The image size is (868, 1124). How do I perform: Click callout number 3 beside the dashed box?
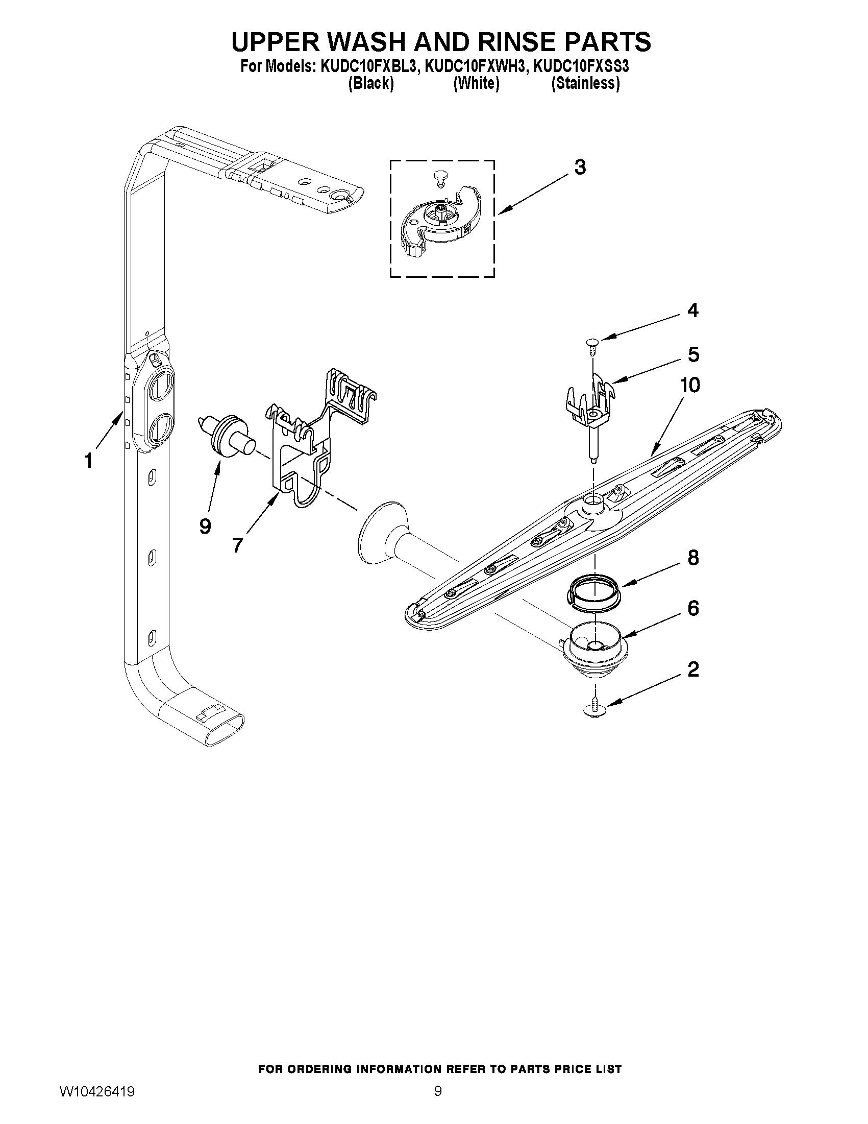click(580, 168)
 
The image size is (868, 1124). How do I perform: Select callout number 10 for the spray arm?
click(690, 385)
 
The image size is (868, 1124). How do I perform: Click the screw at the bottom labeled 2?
click(595, 708)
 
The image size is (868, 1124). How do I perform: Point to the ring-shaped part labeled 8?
click(594, 593)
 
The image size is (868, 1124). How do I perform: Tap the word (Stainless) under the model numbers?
click(585, 83)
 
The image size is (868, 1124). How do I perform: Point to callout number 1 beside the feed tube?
click(88, 461)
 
